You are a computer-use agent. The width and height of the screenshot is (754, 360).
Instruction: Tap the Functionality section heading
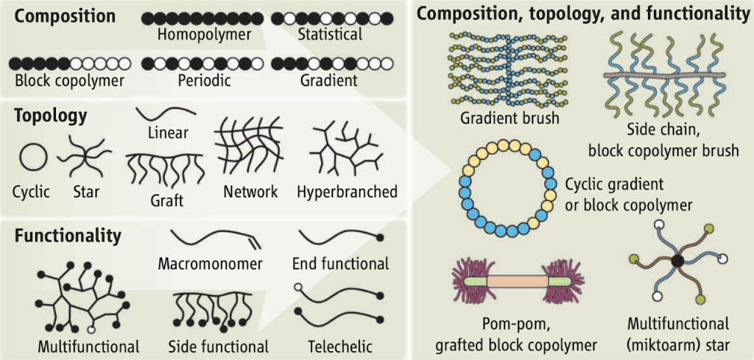(68, 236)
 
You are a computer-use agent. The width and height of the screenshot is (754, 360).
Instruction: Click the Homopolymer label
(204, 34)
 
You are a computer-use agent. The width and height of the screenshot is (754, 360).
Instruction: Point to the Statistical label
(330, 34)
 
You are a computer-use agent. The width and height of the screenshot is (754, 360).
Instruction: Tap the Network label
(250, 192)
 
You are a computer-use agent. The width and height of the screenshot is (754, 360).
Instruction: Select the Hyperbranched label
(347, 192)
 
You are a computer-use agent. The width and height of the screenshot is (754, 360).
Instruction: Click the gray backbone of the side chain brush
(669, 75)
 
